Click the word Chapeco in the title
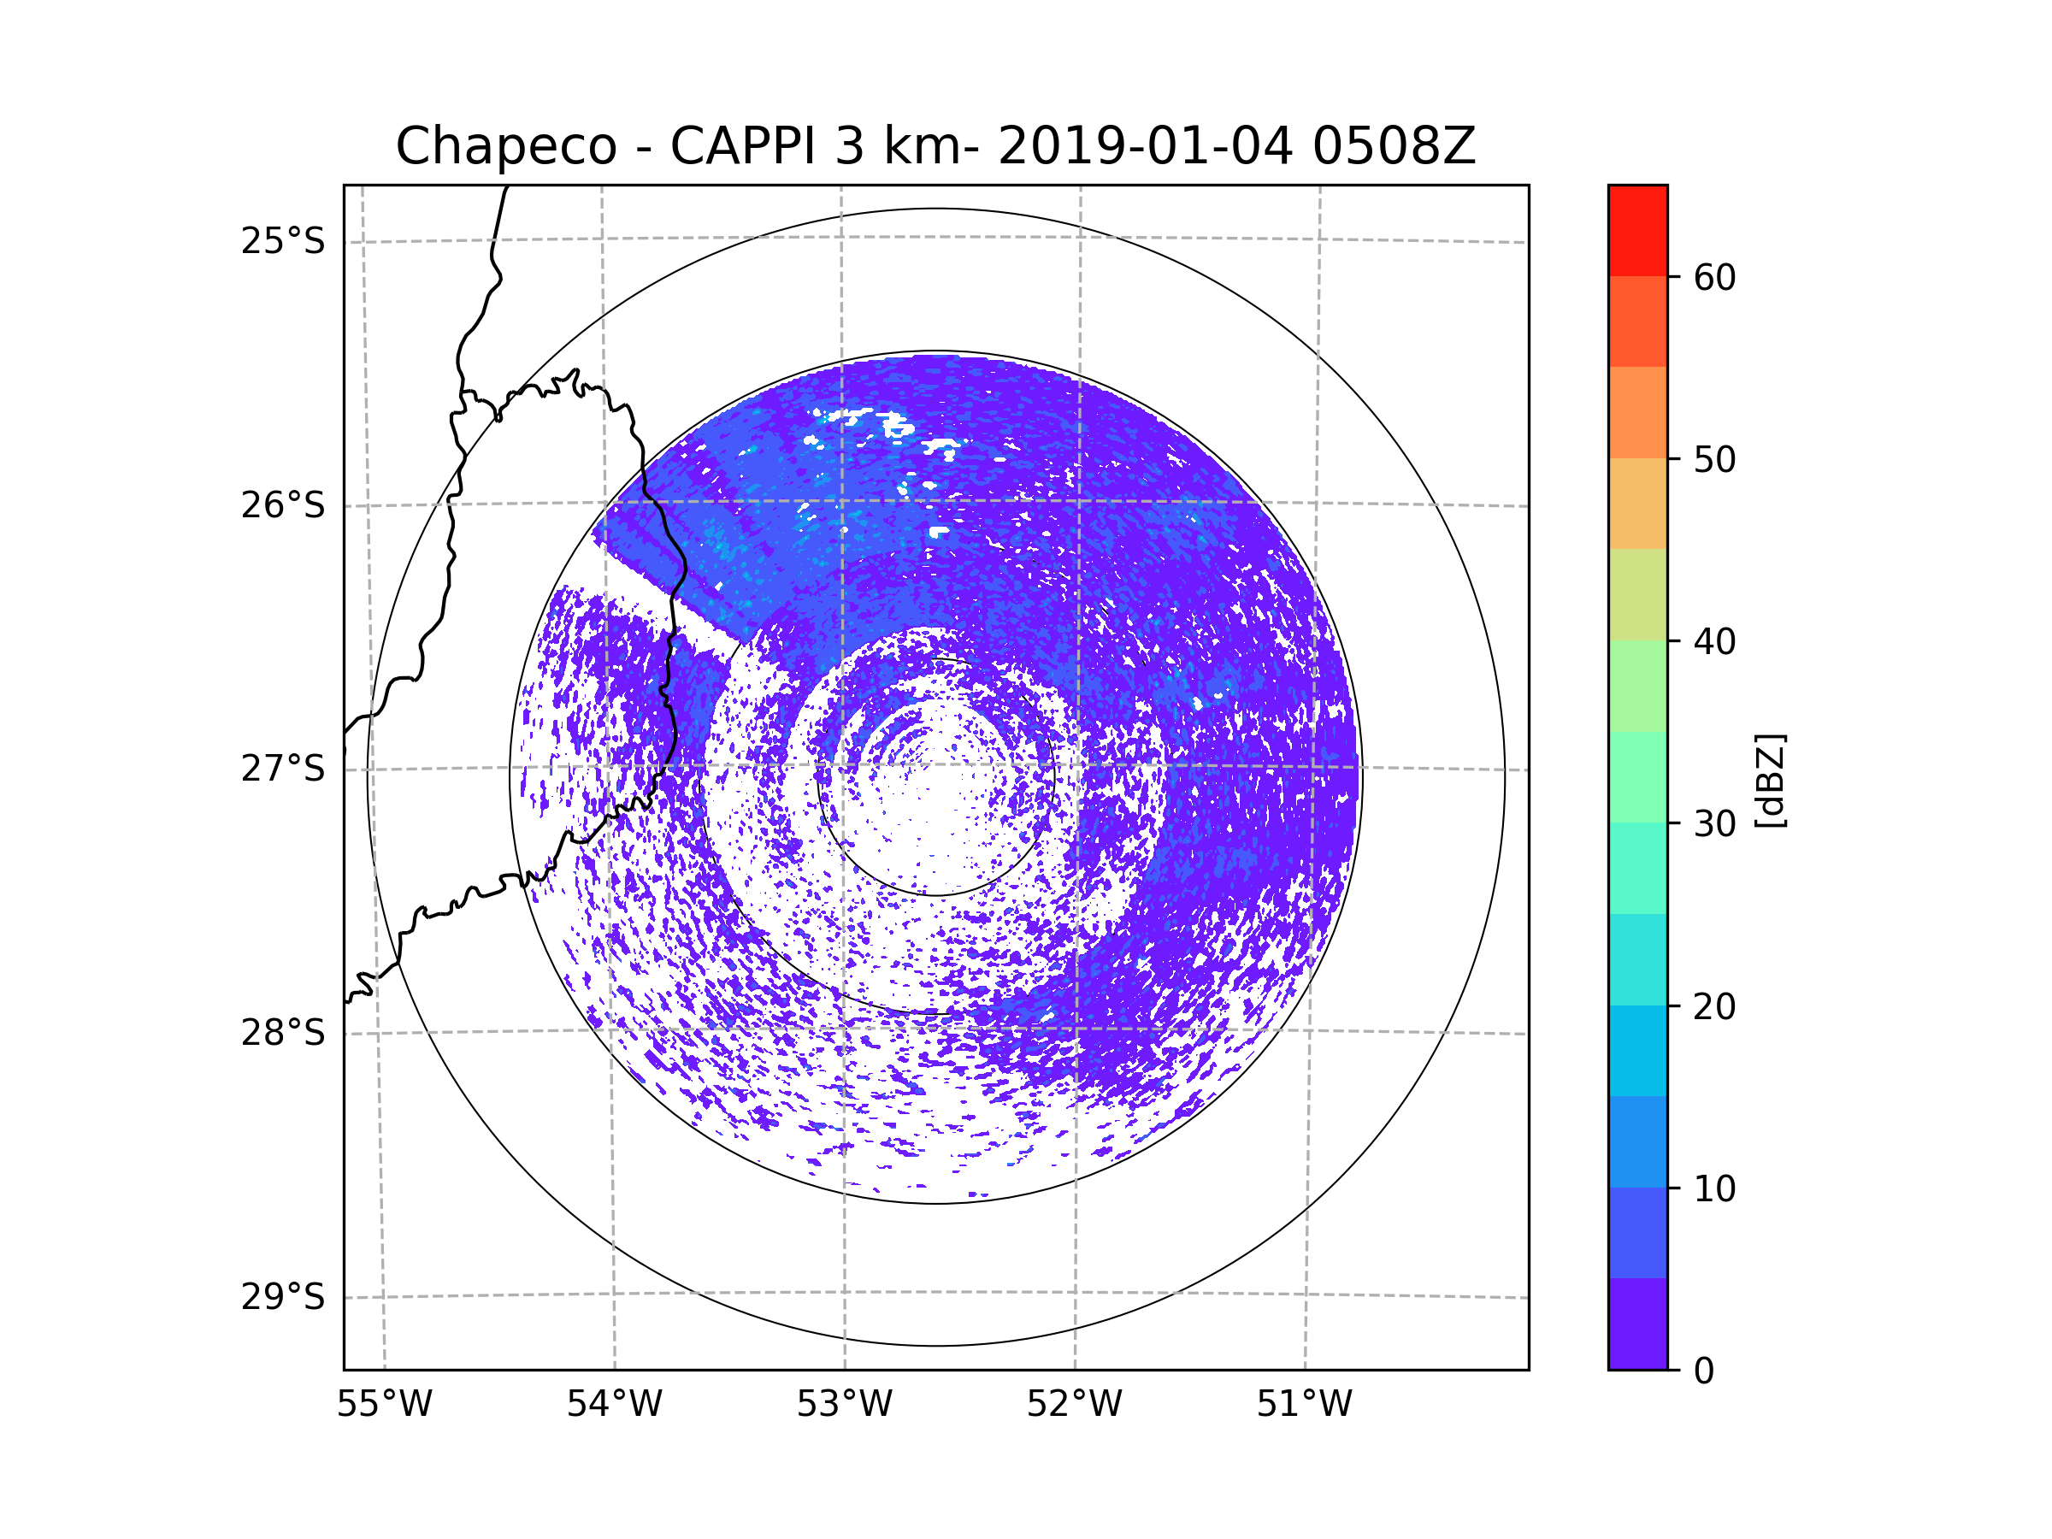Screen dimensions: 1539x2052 [x=505, y=146]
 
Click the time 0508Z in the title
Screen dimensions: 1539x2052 [x=1393, y=146]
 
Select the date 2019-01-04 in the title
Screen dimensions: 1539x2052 [x=1144, y=146]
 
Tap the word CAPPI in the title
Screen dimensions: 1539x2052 [x=745, y=146]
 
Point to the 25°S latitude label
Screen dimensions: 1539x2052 [x=283, y=241]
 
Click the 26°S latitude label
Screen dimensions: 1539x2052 [x=283, y=505]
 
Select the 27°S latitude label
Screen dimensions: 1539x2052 [x=283, y=769]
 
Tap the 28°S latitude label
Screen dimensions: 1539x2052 [x=283, y=1033]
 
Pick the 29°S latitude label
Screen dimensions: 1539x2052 [x=283, y=1297]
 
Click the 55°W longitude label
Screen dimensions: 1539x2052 [x=384, y=1405]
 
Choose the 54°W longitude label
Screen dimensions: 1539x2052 [x=614, y=1405]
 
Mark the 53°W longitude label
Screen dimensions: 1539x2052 [x=844, y=1405]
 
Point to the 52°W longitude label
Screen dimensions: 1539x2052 [x=1074, y=1405]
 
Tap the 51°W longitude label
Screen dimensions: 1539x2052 [x=1304, y=1405]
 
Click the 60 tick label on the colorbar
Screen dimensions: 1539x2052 [x=1714, y=277]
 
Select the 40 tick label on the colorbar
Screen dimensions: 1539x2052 [x=1714, y=642]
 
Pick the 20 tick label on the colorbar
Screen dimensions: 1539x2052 [x=1714, y=1006]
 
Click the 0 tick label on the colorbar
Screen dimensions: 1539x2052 [x=1704, y=1371]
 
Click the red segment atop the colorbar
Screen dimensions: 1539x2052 [x=1637, y=230]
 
